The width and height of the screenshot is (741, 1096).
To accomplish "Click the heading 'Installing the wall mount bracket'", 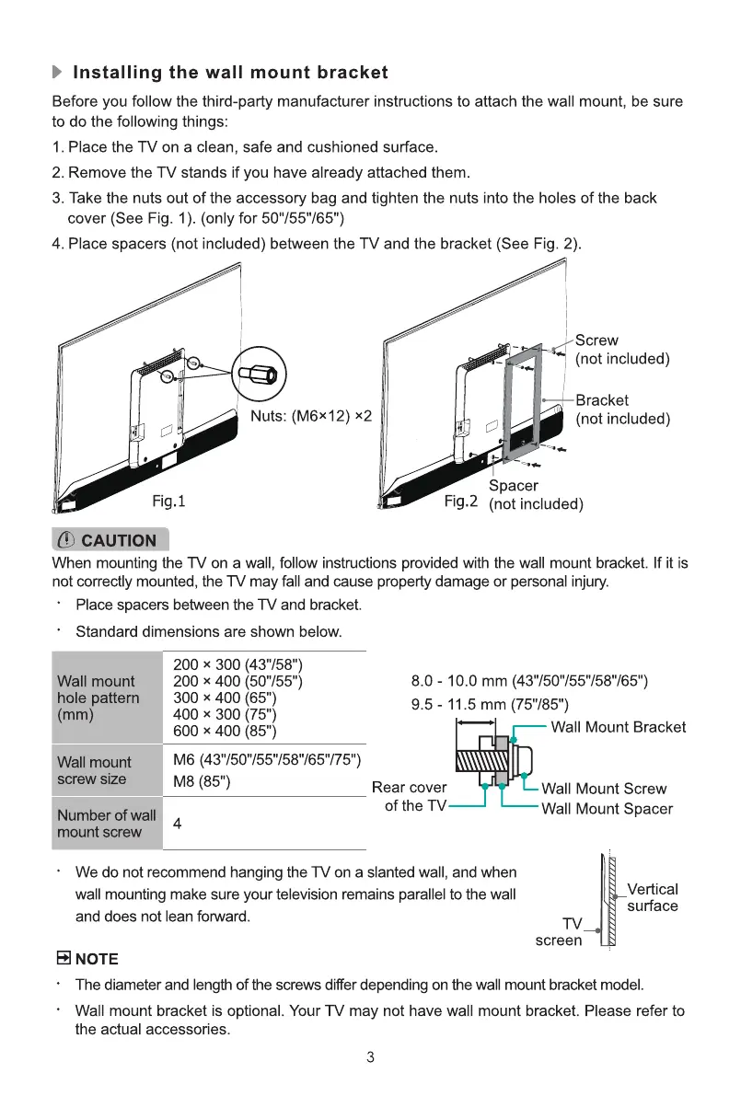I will pyautogui.click(x=230, y=72).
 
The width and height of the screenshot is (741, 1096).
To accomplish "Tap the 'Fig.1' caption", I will pyautogui.click(x=169, y=502).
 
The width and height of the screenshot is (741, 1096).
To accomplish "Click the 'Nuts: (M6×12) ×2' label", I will pyautogui.click(x=311, y=416).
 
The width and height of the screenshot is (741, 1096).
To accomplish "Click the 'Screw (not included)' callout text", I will pyautogui.click(x=622, y=350).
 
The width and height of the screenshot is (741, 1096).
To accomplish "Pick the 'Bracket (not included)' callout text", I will pyautogui.click(x=622, y=410).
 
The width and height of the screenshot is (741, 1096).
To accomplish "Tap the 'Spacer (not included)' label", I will pyautogui.click(x=535, y=495).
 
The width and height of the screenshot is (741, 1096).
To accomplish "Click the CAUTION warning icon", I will pyautogui.click(x=66, y=540).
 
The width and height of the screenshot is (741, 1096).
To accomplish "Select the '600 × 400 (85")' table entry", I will pyautogui.click(x=226, y=732).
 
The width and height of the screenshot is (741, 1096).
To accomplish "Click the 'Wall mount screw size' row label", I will pyautogui.click(x=94, y=770).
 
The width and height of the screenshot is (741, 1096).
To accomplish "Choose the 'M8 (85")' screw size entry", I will pyautogui.click(x=202, y=782).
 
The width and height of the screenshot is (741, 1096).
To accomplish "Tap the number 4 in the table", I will pyautogui.click(x=177, y=825).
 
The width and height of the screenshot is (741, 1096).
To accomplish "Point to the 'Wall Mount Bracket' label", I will pyautogui.click(x=618, y=728).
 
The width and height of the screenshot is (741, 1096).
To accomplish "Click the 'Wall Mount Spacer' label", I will pyautogui.click(x=607, y=809).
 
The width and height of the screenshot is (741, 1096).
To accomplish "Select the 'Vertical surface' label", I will pyautogui.click(x=652, y=897).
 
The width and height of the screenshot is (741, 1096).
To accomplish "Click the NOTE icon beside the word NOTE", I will pyautogui.click(x=64, y=959).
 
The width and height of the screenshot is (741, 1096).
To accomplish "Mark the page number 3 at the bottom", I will pyautogui.click(x=369, y=1057).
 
